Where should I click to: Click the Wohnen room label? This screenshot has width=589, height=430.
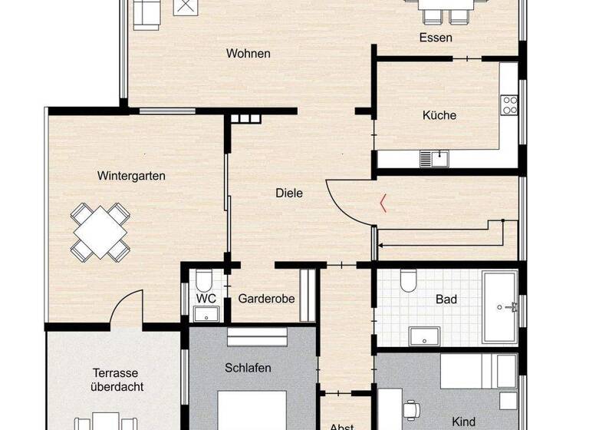248,54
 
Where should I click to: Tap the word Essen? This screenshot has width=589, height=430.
435,37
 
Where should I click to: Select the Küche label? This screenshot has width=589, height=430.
439,115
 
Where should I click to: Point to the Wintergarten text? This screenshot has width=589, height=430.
131,176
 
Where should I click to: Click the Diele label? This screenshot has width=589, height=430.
289,193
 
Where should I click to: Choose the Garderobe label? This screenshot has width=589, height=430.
266,299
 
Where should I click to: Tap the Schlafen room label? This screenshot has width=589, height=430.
248,368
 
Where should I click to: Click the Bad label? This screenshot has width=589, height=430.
446,299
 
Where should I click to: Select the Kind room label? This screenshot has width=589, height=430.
464,422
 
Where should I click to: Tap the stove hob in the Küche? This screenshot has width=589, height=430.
509,104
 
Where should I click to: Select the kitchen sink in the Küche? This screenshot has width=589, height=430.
434,158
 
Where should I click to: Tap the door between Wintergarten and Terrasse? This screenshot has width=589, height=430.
127,309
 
